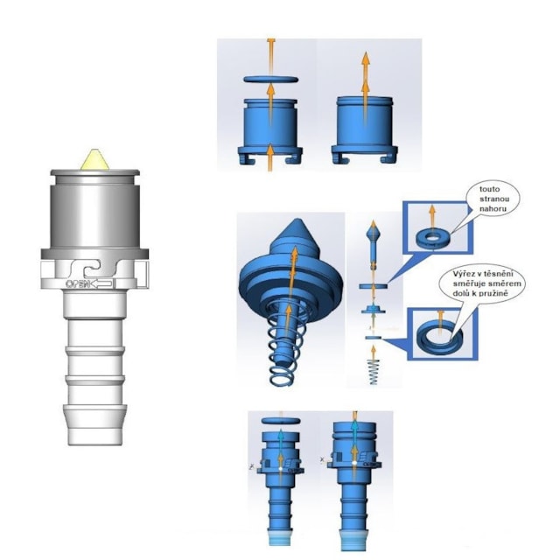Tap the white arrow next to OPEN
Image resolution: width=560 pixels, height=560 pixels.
pos(102,284)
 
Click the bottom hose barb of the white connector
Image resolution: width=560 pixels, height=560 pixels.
pos(94,425)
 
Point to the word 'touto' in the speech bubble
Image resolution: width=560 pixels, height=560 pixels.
pos(490,189)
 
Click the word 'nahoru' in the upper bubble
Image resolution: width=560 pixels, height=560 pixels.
pos(493,209)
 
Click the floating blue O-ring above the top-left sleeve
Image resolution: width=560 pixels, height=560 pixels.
pos(270,80)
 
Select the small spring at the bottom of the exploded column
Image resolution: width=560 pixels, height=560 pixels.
pos(374,372)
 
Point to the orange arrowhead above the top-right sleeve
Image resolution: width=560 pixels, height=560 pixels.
pos(365,58)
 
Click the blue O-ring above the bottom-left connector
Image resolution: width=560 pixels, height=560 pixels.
pos(281,420)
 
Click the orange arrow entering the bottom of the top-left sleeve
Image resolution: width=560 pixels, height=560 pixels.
pos(270,157)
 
